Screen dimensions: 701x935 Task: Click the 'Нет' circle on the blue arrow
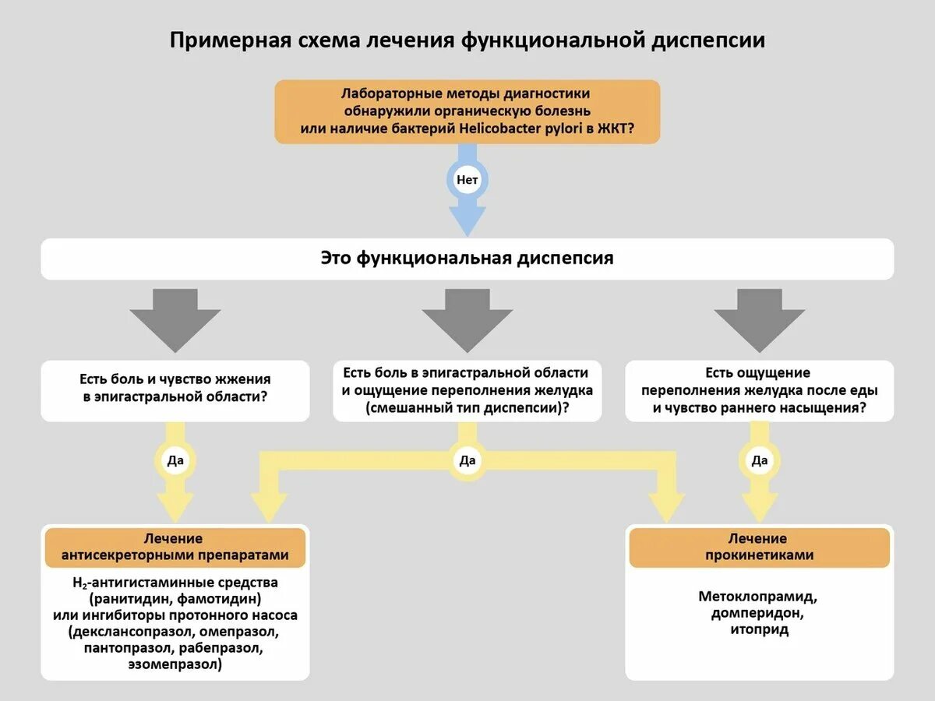467,180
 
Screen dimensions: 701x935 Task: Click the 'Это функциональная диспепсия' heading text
467,258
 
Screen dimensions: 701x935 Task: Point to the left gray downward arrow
175,315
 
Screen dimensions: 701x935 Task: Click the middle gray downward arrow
467,315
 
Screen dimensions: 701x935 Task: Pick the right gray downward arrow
760,315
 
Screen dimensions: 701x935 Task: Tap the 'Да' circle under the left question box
175,460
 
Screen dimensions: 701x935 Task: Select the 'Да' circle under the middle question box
467,460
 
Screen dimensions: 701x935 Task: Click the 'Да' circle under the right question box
760,460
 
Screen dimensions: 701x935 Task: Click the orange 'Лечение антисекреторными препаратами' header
175,547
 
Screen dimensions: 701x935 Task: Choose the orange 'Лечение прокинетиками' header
760,547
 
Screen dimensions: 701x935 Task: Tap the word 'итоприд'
760,629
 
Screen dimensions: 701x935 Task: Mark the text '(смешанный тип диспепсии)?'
467,407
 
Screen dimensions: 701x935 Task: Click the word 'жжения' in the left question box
241,379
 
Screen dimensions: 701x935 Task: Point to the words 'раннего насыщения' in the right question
802,407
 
